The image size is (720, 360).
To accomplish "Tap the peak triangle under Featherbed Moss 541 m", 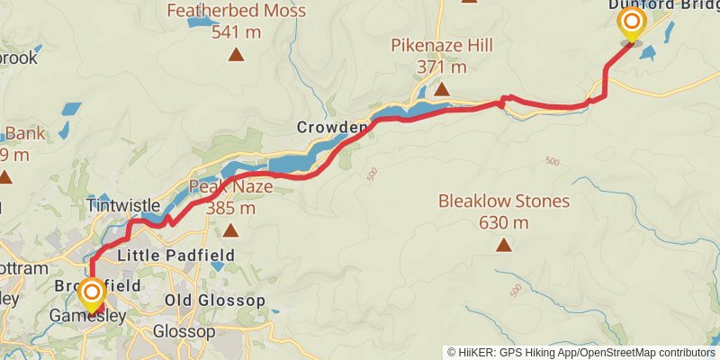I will (x=236, y=55).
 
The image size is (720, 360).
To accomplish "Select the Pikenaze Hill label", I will (x=441, y=45).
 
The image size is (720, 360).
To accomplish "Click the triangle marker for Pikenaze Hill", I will (x=442, y=88).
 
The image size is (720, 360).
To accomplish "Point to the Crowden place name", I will (x=332, y=129).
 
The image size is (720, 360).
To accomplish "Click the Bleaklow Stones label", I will (x=504, y=202).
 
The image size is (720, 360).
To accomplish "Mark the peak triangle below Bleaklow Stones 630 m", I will (x=504, y=244).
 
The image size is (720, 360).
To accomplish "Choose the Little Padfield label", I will (x=176, y=256).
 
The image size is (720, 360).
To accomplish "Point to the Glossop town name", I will (x=184, y=332).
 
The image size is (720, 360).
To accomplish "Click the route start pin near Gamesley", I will (x=91, y=295).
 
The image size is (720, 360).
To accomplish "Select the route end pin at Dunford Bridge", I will (x=631, y=24).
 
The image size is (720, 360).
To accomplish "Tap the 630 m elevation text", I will (x=504, y=222).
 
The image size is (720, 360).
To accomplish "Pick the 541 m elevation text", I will (x=236, y=33).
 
